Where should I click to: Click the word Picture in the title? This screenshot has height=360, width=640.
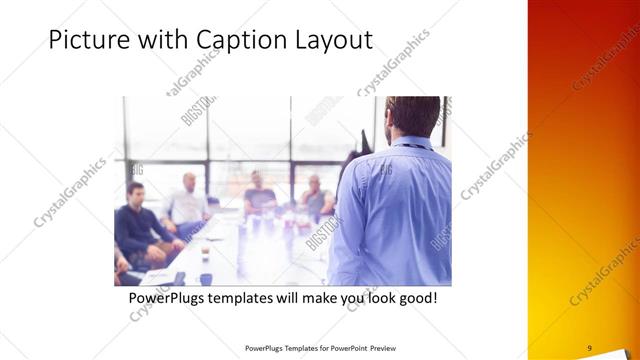point(89,41)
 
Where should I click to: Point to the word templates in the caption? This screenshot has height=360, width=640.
point(259,298)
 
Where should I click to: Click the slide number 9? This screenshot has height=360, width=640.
point(589,348)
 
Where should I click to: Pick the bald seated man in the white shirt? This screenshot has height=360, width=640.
point(188,201)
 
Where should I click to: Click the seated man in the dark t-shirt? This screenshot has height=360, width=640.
point(258,194)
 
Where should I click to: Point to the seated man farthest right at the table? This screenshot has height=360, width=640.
point(316,196)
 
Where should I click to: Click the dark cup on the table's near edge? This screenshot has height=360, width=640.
point(205,278)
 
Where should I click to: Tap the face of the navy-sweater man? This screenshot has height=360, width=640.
point(136,193)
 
